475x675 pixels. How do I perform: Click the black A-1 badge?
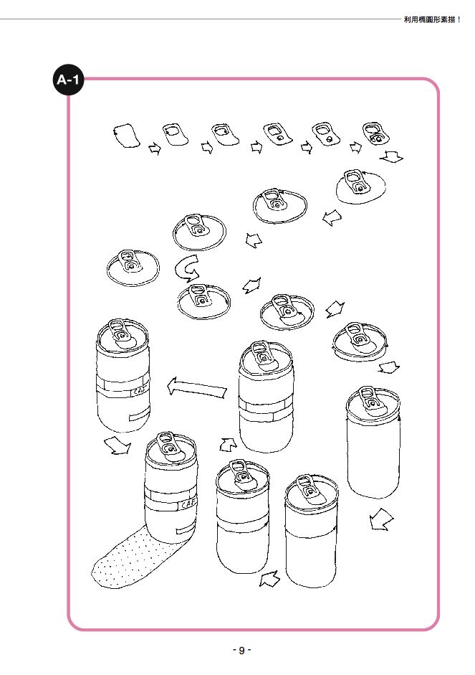68,80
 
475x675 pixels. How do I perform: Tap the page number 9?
241,650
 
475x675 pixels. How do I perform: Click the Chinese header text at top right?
432,19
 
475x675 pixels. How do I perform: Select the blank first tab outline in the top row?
126,136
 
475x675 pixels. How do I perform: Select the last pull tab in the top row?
375,133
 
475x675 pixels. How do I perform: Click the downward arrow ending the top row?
392,157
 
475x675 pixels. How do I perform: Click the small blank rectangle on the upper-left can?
138,416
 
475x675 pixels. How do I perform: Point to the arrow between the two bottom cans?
270,578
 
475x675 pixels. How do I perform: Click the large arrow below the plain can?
381,519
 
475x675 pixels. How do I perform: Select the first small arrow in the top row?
154,149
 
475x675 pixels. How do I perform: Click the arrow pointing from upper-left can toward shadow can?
117,445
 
